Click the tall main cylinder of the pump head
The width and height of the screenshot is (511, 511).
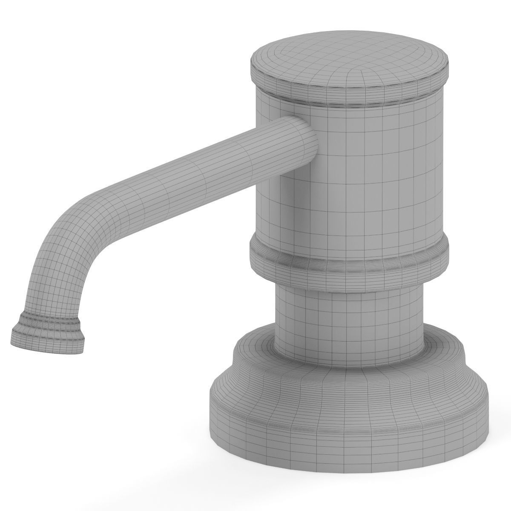coord(362,179)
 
